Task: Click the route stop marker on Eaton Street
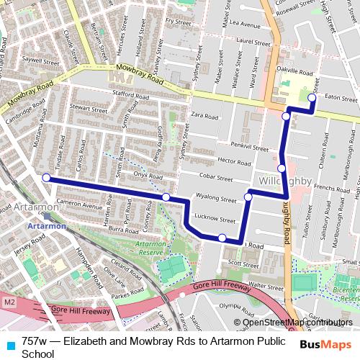(312, 98)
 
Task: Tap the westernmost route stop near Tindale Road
(46, 177)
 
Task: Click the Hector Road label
(233, 161)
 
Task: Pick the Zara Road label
(205, 115)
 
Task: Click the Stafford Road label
(130, 93)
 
